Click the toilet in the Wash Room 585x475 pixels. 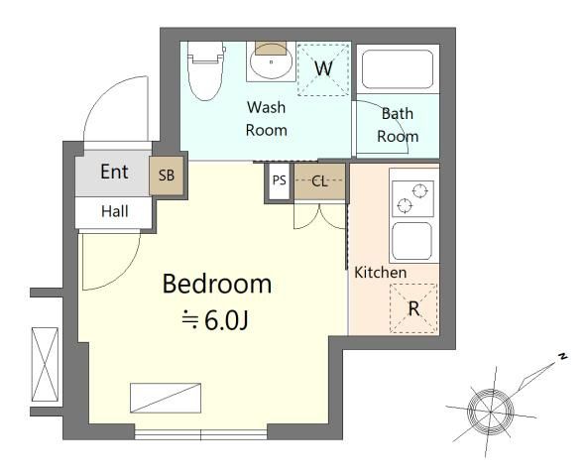click(205, 70)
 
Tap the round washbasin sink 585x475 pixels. click(271, 63)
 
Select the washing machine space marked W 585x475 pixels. click(323, 69)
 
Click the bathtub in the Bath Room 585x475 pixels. click(398, 69)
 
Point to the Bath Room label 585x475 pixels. click(398, 125)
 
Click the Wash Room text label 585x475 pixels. click(267, 119)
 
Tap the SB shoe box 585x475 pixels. click(167, 176)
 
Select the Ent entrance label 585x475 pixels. click(114, 172)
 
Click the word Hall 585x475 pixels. click(115, 211)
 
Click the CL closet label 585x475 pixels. click(319, 181)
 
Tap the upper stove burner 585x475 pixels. click(419, 190)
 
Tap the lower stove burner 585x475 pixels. click(405, 205)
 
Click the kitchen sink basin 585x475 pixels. click(411, 241)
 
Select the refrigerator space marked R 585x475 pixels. click(413, 308)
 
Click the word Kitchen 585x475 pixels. click(380, 273)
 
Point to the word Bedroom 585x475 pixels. click(217, 285)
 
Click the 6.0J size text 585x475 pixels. click(226, 320)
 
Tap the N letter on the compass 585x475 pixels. click(562, 356)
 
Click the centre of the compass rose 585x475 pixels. click(491, 412)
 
